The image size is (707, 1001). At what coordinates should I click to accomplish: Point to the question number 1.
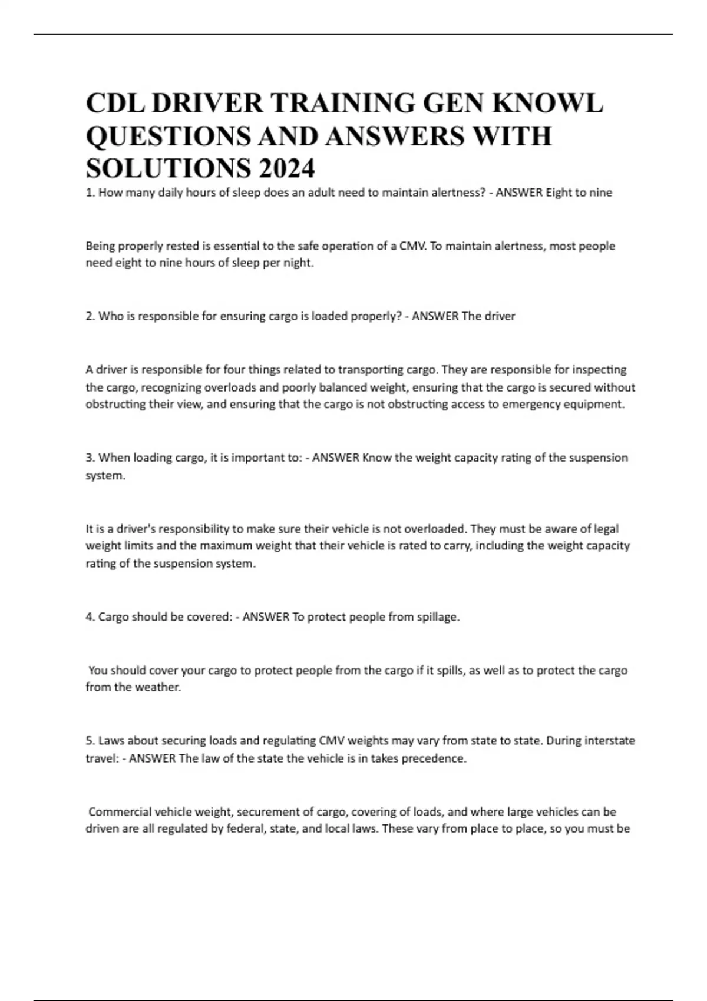click(x=90, y=193)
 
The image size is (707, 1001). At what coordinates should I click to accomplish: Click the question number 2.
click(x=90, y=316)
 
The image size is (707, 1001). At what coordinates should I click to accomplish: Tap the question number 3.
click(x=90, y=458)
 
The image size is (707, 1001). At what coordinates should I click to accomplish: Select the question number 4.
click(x=90, y=617)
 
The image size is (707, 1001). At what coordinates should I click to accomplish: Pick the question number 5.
click(x=90, y=740)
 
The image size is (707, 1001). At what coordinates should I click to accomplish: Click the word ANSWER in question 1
click(x=519, y=193)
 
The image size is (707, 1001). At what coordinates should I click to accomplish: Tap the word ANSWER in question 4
click(x=266, y=617)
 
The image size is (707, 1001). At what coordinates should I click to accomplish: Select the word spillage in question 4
click(x=437, y=617)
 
